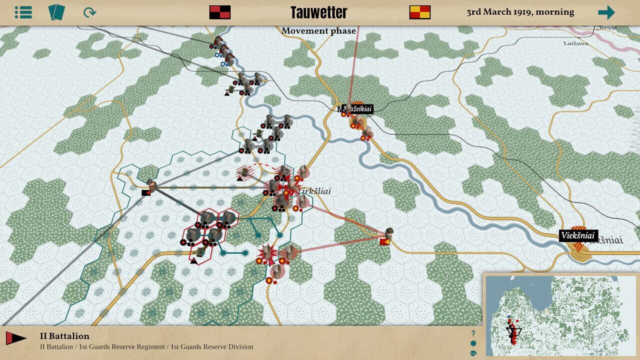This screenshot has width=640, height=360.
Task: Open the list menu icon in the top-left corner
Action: [x=23, y=12]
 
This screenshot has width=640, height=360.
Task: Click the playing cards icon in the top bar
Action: [x=56, y=12]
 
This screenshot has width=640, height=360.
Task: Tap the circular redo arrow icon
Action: [x=89, y=12]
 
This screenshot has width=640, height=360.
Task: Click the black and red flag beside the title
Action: [x=219, y=12]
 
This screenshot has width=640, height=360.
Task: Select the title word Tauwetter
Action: [x=318, y=12]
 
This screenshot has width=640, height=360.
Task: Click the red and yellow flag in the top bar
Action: [x=419, y=12]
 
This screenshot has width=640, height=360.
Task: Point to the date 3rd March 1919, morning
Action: [x=520, y=12]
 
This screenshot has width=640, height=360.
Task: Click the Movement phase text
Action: [x=318, y=31]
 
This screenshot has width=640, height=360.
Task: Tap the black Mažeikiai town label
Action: [x=358, y=109]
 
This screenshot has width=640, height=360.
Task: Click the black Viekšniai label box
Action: [x=578, y=235]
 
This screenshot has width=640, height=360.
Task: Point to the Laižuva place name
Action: [x=575, y=43]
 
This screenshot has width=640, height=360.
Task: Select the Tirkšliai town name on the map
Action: [x=314, y=191]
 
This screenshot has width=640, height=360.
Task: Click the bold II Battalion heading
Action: [x=64, y=336]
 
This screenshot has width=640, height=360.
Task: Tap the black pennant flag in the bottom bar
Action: [x=16, y=338]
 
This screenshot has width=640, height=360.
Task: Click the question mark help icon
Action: [x=473, y=333]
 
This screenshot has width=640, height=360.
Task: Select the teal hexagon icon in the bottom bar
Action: [x=473, y=343]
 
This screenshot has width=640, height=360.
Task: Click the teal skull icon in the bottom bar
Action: [x=473, y=353]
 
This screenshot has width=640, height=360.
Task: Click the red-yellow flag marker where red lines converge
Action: [x=385, y=242]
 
